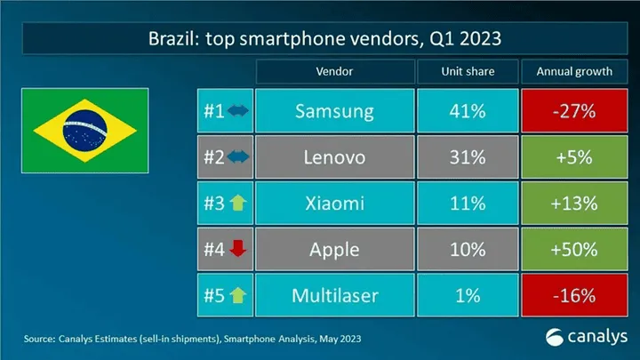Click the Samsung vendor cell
click(335, 112)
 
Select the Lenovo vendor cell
click(335, 157)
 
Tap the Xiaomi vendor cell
click(335, 204)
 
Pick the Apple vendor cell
click(335, 250)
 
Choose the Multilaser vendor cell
click(335, 295)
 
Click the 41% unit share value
click(467, 112)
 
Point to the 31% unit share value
click(467, 157)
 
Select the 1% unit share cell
click(467, 295)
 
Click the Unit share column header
click(467, 71)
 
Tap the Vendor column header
click(335, 71)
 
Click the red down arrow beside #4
click(236, 250)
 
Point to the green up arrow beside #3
click(236, 204)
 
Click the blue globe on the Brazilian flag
click(85, 132)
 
